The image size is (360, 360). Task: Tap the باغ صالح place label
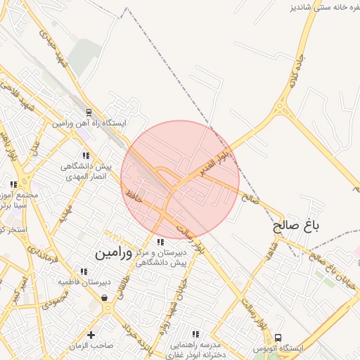tap(296, 226)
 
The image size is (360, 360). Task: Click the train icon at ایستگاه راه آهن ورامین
tap(89, 112)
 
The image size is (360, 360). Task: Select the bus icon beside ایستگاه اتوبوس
tap(278, 338)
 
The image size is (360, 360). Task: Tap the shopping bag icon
tap(105, 298)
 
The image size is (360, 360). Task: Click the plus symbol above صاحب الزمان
tap(91, 334)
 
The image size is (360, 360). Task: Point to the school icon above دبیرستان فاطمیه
tap(84, 271)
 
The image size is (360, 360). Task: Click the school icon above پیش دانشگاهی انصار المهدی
tap(86, 155)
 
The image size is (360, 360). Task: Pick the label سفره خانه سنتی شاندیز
tap(321, 7)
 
